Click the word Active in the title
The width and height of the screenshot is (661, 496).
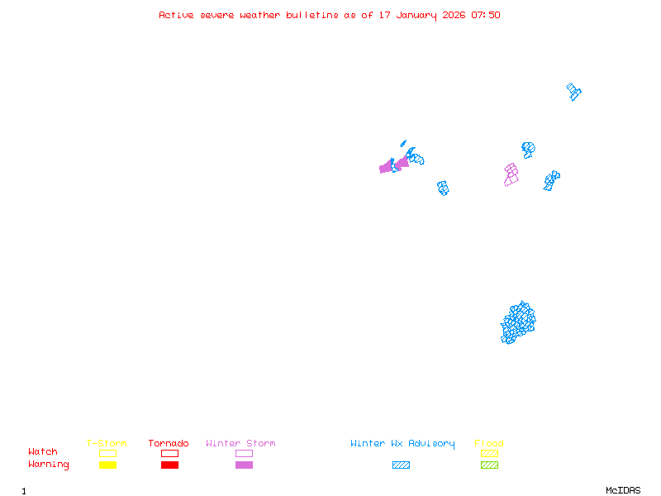[x=176, y=15]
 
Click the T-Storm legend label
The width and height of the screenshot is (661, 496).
[x=107, y=444]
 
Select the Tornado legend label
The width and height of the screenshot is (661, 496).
[x=169, y=444]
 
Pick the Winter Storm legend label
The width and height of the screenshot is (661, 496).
[x=240, y=444]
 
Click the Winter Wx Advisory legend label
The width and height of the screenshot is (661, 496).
[x=402, y=444]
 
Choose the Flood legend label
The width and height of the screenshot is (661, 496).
[x=489, y=444]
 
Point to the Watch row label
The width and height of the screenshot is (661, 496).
[x=43, y=452]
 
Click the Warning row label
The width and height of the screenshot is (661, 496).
[x=49, y=465]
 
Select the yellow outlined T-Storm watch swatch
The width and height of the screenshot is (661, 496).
[x=107, y=453]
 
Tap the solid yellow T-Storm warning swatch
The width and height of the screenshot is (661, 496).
[x=107, y=465]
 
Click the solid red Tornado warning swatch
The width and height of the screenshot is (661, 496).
[x=169, y=465]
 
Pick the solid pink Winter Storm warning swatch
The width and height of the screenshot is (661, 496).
[x=244, y=465]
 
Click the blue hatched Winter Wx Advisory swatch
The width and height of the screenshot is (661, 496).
[x=401, y=465]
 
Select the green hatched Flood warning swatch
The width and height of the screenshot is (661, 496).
[x=489, y=465]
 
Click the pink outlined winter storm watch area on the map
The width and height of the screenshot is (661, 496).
[x=511, y=174]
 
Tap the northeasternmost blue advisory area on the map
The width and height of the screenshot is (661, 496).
[x=573, y=91]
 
